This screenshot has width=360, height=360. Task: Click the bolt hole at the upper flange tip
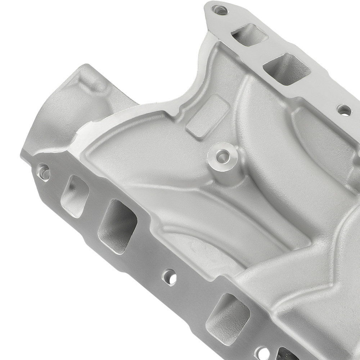[x=219, y=10]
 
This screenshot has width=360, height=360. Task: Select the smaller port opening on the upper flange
[x=249, y=35]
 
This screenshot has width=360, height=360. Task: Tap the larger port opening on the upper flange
[x=287, y=69]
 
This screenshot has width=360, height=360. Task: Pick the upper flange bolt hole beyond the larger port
[x=344, y=110]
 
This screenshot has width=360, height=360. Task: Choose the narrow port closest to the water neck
[x=75, y=196]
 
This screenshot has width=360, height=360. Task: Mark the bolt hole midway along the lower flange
[x=169, y=277]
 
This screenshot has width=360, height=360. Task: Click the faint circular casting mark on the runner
[x=197, y=248]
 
